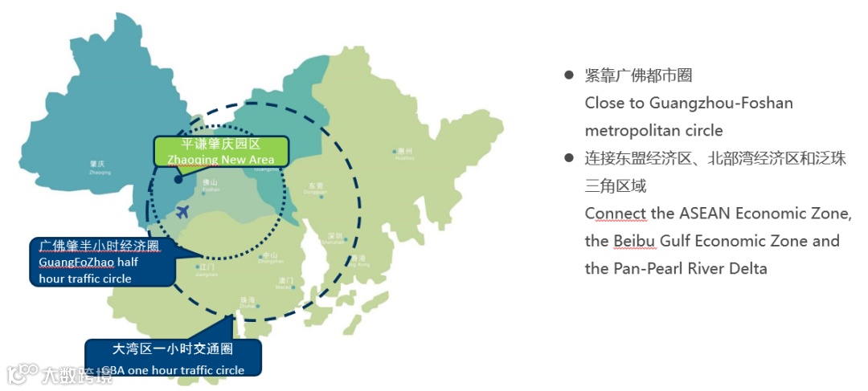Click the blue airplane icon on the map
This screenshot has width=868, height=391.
tap(182, 212)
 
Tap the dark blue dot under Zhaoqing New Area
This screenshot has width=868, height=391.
tap(178, 179)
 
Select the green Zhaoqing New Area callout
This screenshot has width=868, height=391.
tap(221, 151)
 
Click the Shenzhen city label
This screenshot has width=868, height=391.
tap(335, 238)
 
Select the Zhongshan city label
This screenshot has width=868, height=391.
tap(270, 258)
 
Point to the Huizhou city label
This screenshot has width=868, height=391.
tap(404, 153)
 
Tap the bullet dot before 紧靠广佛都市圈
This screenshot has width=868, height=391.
tap(568, 75)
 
